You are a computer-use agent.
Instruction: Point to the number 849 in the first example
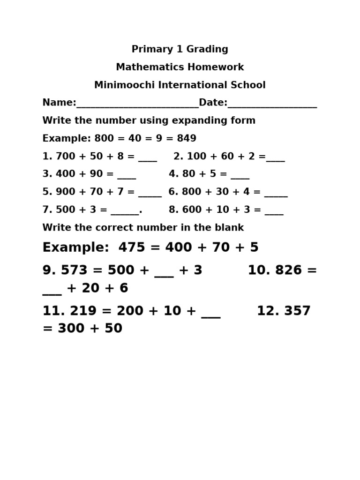187,139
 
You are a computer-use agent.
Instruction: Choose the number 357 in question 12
297,311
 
